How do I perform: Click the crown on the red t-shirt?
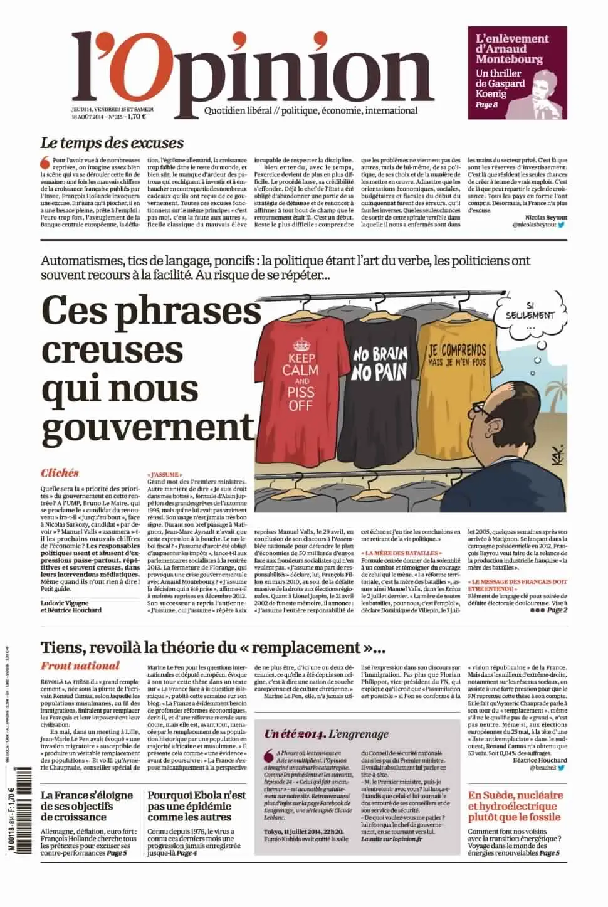pyautogui.click(x=302, y=344)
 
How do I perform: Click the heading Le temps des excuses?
pyautogui.click(x=112, y=143)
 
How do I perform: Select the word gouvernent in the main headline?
pyautogui.click(x=148, y=426)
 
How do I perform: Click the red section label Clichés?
pyautogui.click(x=60, y=473)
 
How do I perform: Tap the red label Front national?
pyautogui.click(x=80, y=666)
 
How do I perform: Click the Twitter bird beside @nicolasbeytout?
pyautogui.click(x=562, y=223)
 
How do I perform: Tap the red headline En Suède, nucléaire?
pyautogui.click(x=515, y=807)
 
